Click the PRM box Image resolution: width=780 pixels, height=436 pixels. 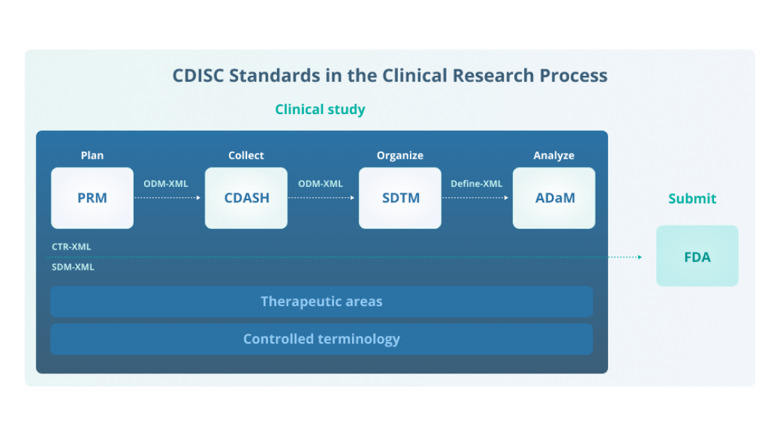point(92,198)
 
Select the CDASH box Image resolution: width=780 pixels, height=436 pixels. point(246,198)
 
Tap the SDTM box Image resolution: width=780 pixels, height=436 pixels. point(400,198)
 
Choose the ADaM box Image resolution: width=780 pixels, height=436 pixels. point(554,198)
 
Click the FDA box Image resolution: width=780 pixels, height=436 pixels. point(697,256)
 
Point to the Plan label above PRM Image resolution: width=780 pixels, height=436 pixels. point(92,155)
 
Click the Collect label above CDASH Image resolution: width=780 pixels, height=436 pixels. point(246,155)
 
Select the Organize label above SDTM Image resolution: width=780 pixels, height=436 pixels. point(400,155)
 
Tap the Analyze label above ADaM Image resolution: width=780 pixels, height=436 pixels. point(554,155)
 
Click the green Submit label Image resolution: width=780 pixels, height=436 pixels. point(692,199)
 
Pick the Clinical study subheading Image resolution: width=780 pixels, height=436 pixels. point(319,109)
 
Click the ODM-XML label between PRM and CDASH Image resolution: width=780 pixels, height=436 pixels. point(166,184)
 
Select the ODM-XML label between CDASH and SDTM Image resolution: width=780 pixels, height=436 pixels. point(320,184)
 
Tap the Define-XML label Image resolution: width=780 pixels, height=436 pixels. point(476,184)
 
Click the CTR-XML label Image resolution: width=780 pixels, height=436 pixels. point(71,246)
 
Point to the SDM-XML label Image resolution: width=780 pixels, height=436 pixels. point(72,267)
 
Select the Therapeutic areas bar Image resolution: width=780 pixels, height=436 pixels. point(321,302)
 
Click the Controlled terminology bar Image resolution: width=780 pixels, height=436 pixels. point(321,339)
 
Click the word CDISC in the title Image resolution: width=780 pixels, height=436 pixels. point(198,75)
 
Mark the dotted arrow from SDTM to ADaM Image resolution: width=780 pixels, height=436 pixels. point(476,197)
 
